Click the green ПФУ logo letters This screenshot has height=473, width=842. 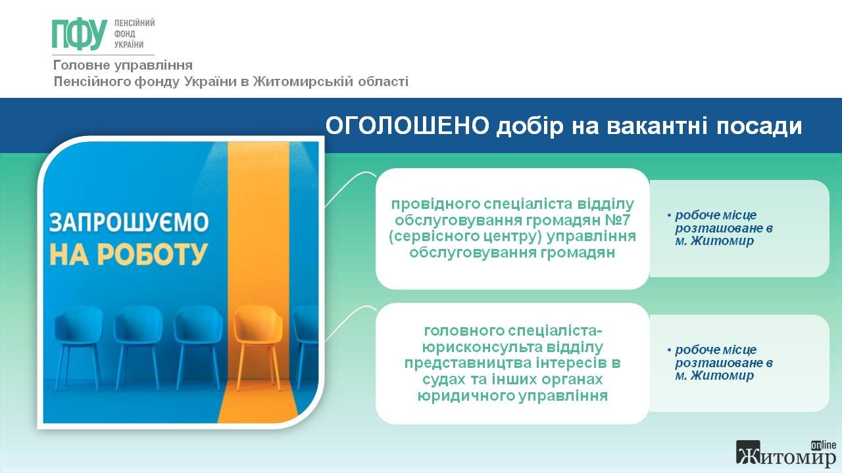click(80, 34)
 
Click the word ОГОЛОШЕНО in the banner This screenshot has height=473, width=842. click(407, 125)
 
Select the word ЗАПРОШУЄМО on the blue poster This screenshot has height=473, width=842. click(129, 222)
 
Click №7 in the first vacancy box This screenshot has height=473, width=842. click(617, 220)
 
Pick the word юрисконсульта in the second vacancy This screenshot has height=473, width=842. click(482, 348)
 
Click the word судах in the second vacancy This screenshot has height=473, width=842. click(444, 380)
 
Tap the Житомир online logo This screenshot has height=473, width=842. click(786, 454)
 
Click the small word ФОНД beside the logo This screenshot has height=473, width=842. click(125, 34)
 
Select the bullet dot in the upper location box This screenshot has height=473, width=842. click(669, 215)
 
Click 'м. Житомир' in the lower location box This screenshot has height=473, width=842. click(714, 375)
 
